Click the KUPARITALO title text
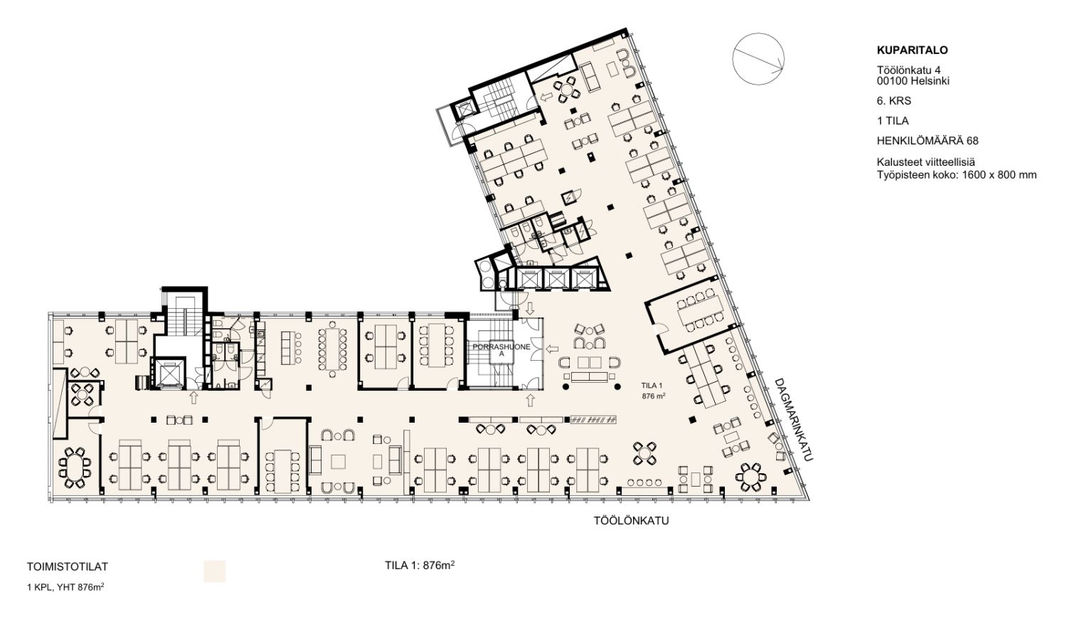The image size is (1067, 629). [912, 50]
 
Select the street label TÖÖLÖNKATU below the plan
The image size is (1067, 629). [631, 521]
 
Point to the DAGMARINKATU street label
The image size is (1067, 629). [793, 420]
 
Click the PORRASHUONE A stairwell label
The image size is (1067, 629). [501, 350]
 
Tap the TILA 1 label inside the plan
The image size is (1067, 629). [652, 386]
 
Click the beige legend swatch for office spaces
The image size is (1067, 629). [214, 571]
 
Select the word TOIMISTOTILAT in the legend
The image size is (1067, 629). [68, 567]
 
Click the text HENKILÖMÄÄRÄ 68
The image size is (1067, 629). [928, 141]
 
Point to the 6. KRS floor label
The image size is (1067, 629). [894, 101]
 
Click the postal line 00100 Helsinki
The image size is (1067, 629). [913, 81]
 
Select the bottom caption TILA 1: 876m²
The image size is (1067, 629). [420, 566]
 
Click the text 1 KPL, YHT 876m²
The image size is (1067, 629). [65, 587]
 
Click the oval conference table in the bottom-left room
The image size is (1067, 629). [74, 467]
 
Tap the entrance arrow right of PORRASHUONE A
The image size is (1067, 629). [552, 349]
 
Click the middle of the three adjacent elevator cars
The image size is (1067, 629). [556, 279]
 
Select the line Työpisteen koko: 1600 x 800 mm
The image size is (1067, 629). [957, 175]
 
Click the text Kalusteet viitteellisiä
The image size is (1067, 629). [926, 162]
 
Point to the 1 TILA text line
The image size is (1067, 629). [893, 121]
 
